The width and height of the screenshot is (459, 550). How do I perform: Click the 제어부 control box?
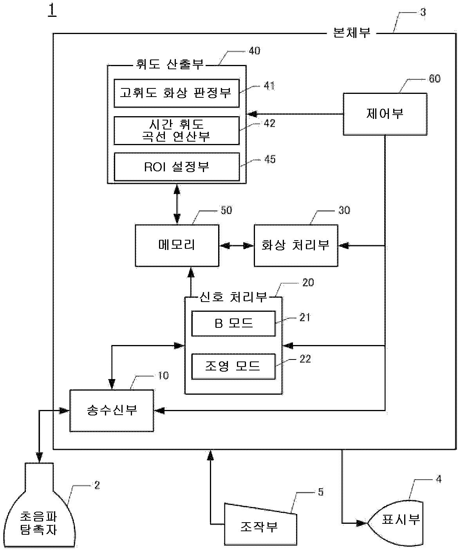[x=385, y=114]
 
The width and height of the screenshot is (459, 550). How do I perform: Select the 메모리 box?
[x=177, y=245]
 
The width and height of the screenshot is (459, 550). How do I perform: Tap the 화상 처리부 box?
[x=296, y=245]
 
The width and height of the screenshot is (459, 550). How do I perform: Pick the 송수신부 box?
[x=112, y=410]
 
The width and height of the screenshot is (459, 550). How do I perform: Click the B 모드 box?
[x=233, y=324]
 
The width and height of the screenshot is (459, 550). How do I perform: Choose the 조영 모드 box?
[x=233, y=367]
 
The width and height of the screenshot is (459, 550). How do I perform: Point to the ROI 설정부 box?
[x=177, y=167]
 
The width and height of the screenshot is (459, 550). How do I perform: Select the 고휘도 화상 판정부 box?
[x=177, y=93]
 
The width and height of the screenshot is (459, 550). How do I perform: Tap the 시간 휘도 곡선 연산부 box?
[x=177, y=130]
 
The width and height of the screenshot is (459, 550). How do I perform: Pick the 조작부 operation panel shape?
[x=260, y=526]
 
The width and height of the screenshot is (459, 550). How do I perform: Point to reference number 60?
[x=435, y=79]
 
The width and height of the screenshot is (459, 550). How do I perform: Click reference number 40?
[x=255, y=50]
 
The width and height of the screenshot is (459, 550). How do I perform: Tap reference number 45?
[x=270, y=159]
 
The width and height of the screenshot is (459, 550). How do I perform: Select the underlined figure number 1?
[x=52, y=9]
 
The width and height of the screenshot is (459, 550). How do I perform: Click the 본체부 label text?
[x=352, y=33]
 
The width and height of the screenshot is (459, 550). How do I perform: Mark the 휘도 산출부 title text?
[x=170, y=64]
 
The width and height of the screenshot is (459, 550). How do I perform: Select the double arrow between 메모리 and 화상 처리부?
[x=237, y=246]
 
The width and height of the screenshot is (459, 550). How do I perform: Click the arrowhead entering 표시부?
[x=362, y=523]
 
